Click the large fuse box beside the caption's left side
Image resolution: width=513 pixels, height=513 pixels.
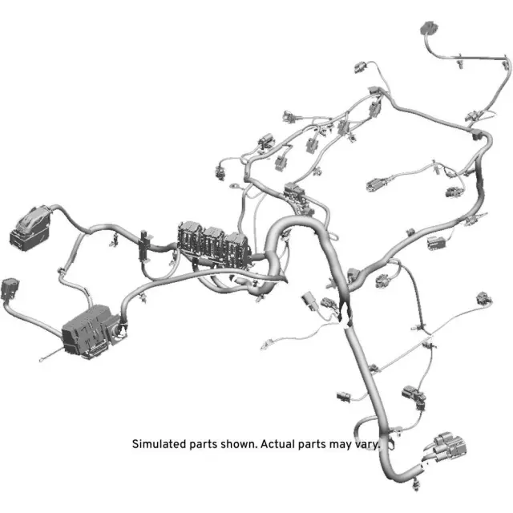point(91,328)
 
